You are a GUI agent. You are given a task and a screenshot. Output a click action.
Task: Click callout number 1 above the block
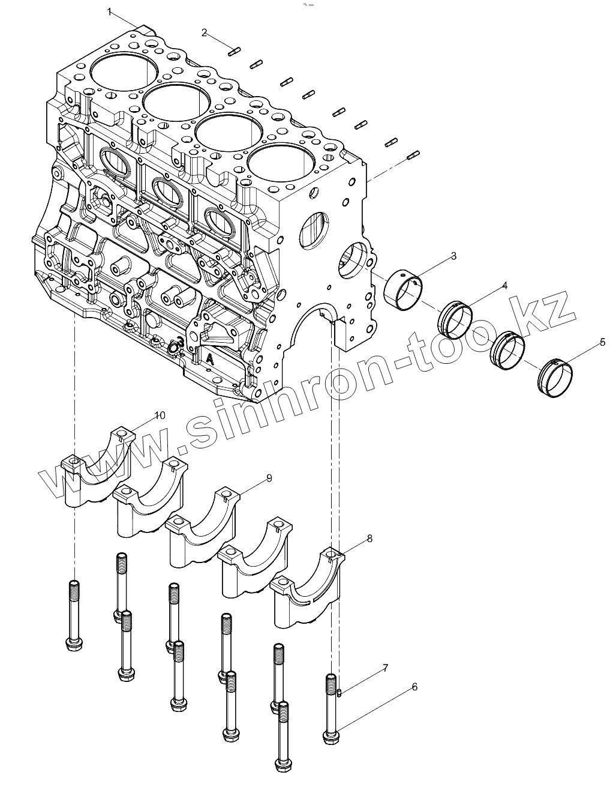110,11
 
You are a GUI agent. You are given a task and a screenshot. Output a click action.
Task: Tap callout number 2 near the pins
205,32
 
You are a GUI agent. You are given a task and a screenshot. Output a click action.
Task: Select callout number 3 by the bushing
453,256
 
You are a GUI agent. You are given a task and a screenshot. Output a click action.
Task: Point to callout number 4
504,286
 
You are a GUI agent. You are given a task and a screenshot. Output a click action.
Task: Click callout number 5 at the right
602,343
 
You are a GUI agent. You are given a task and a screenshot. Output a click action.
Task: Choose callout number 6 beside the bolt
414,687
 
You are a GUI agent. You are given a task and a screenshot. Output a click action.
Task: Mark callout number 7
385,668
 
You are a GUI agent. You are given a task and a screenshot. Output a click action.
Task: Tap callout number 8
369,538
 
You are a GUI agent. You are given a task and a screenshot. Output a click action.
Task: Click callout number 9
269,478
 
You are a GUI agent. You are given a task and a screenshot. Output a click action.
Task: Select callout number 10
160,415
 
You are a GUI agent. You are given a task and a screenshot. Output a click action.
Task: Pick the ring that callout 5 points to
555,377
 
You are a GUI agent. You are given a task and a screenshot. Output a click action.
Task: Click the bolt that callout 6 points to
331,708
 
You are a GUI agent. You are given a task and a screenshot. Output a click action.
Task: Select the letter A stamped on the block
210,358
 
